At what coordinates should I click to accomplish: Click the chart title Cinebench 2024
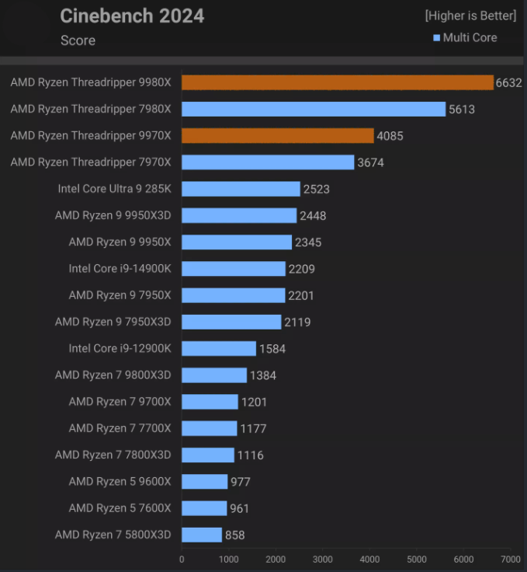pos(132,16)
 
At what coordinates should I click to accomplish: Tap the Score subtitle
pos(78,40)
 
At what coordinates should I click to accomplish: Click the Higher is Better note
pos(470,16)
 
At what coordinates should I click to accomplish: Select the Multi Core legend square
pos(437,38)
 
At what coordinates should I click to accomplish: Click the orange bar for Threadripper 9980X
pos(338,82)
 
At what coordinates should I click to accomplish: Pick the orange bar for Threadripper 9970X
pos(278,136)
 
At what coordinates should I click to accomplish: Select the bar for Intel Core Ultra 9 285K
pos(241,189)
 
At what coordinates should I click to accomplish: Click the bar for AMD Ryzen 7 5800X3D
pos(202,535)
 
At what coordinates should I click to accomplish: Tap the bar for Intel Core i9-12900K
pos(219,348)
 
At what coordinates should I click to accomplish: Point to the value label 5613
pos(460,110)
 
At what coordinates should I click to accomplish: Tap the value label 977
pos(241,482)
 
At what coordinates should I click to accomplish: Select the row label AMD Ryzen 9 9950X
pos(120,242)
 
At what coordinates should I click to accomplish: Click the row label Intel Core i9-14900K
pos(120,269)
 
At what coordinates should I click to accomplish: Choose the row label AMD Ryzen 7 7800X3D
pos(113,455)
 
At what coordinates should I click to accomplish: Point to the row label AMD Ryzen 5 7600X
pos(120,507)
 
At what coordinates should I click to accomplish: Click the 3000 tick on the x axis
pos(323,559)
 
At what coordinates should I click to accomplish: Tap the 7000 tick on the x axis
pos(511,559)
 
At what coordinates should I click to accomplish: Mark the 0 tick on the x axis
pos(182,559)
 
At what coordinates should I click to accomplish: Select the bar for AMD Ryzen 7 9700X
pos(210,402)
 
